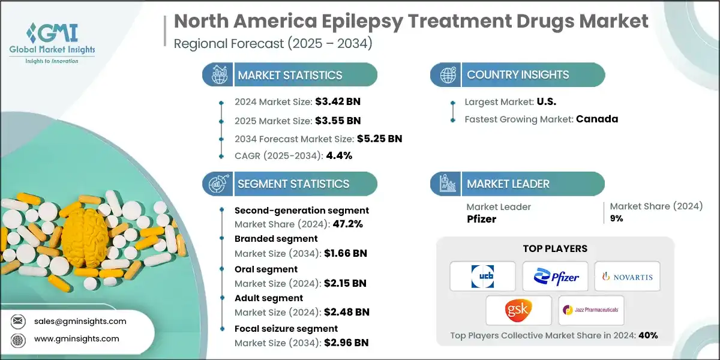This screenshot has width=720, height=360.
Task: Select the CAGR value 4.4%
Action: tap(338, 155)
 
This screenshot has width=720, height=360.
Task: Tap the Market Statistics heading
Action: tap(290, 75)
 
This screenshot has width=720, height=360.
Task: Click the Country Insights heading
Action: tap(518, 75)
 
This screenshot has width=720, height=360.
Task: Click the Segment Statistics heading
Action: tap(293, 184)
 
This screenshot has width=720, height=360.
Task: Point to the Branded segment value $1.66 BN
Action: tap(345, 253)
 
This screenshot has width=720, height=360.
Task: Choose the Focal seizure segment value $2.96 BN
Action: tap(346, 343)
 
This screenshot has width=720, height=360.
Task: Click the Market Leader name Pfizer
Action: tap(482, 218)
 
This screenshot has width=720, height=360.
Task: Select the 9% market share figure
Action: tap(616, 218)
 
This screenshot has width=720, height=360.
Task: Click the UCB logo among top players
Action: tap(482, 276)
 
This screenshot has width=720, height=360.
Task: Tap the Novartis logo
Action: tap(627, 276)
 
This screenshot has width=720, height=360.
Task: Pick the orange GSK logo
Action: tap(518, 310)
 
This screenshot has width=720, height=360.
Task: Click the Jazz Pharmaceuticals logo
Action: tap(591, 310)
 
